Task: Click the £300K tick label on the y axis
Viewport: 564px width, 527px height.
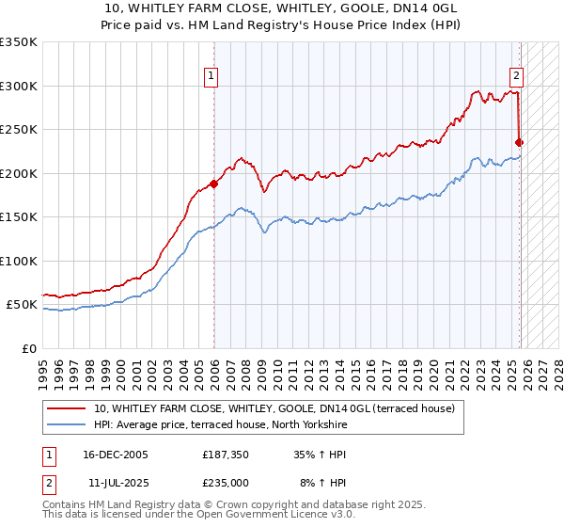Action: point(19,86)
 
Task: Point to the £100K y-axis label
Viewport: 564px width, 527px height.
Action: point(19,261)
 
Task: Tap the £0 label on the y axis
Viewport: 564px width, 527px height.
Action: point(29,348)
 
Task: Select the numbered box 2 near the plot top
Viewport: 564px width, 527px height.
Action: point(516,77)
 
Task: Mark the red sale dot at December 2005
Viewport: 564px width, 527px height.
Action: point(214,184)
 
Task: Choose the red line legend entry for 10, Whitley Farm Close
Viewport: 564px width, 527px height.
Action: point(274,408)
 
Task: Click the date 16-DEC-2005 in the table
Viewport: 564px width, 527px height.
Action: point(116,455)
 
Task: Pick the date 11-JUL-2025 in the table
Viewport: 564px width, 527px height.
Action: point(116,481)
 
